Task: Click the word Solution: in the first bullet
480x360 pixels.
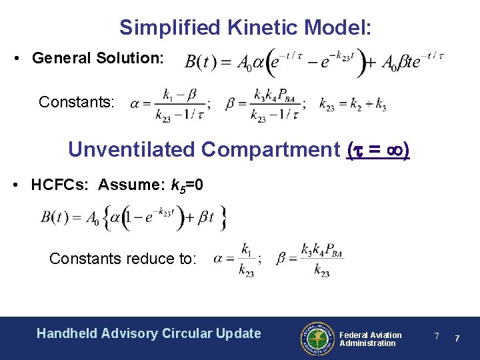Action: [138, 59]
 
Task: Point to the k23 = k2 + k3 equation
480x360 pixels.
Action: [353, 104]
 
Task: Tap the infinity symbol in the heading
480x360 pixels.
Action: [394, 149]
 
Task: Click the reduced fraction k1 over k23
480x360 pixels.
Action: [246, 259]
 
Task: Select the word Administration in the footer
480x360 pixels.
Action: [367, 343]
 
